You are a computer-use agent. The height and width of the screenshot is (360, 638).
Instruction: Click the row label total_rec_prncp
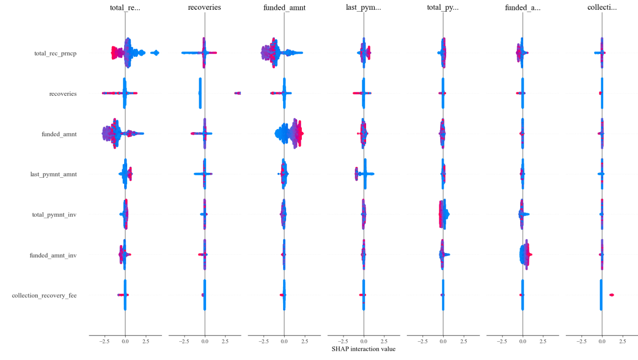[x=55, y=53]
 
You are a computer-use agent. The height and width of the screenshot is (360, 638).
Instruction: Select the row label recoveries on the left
[x=63, y=93]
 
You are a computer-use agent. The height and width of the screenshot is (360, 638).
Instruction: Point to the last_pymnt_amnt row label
[x=53, y=174]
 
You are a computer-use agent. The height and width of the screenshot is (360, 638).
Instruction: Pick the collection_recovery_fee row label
[x=44, y=296]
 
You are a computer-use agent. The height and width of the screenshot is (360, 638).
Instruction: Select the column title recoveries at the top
[x=204, y=8]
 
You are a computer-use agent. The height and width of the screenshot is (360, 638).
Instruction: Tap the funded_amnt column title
[x=284, y=8]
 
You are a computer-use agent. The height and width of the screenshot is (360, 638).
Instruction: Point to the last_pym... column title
[x=363, y=8]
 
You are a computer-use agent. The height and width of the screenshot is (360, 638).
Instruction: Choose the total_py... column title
[x=443, y=8]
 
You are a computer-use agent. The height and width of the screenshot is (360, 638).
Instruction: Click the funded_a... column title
[x=522, y=8]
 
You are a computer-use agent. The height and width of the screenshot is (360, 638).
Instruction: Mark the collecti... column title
[x=602, y=8]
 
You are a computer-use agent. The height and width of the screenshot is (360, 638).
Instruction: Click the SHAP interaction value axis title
[x=363, y=349]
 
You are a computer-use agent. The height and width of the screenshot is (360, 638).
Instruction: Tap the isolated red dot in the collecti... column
[x=611, y=295]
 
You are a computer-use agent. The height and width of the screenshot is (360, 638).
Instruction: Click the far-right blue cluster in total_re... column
[x=155, y=53]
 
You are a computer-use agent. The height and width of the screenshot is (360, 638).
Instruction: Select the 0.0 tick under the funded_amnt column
[x=284, y=340]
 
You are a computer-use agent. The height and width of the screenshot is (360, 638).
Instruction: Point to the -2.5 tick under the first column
[x=104, y=340]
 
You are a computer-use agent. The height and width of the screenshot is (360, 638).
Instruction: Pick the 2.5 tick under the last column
[x=622, y=340]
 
